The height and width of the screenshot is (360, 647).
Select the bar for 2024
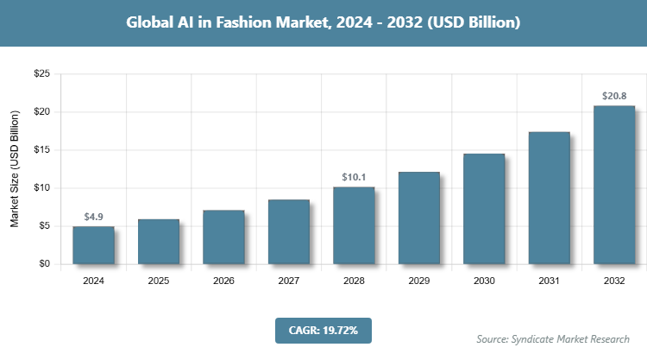click(93, 245)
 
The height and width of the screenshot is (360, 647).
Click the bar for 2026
click(223, 237)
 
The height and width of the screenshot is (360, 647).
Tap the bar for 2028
click(354, 225)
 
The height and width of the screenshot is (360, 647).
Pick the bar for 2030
click(484, 209)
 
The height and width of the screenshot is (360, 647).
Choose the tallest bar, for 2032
click(614, 185)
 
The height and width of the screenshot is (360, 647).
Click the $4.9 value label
click(93, 216)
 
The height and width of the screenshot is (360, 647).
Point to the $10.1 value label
click(354, 177)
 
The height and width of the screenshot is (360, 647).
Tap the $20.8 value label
click(614, 96)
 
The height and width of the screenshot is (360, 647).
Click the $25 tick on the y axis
click(41, 74)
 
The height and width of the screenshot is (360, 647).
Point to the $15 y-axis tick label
click(41, 150)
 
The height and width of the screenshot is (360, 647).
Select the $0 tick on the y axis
click(43, 264)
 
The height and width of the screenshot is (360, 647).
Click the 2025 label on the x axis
click(159, 281)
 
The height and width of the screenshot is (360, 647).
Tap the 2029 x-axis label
click(419, 281)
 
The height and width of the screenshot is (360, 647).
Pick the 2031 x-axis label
click(550, 281)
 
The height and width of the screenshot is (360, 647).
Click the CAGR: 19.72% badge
click(323, 330)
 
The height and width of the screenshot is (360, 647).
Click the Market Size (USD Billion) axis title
click(15, 169)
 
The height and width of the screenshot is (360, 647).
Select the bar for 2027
click(289, 231)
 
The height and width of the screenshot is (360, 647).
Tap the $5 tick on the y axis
click(41, 226)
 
